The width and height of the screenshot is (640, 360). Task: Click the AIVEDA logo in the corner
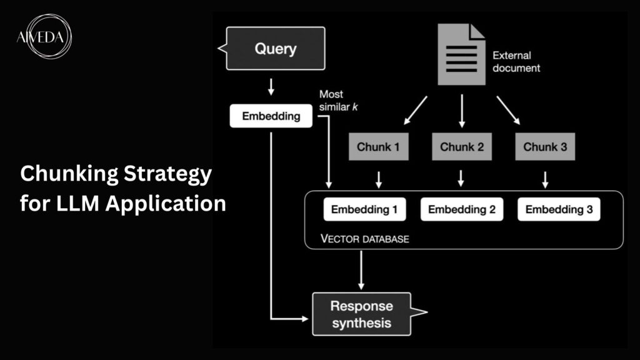click(x=43, y=37)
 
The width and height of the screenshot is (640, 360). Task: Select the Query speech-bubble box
click(x=276, y=48)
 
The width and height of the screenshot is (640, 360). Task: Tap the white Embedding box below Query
click(x=271, y=116)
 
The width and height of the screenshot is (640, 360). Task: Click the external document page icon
click(x=461, y=54)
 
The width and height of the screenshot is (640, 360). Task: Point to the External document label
click(x=516, y=61)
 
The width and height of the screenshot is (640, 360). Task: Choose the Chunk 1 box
click(x=378, y=147)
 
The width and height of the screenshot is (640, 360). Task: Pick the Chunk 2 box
click(x=461, y=147)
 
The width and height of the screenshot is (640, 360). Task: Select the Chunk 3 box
click(x=544, y=147)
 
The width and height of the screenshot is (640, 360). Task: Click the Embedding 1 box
click(x=364, y=210)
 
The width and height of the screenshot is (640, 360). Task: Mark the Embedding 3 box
click(x=559, y=210)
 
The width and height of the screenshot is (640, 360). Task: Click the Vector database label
click(x=364, y=239)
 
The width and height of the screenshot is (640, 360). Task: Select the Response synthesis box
click(x=362, y=314)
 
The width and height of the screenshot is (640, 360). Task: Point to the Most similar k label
click(x=338, y=100)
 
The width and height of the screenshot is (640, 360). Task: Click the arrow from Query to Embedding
click(x=271, y=87)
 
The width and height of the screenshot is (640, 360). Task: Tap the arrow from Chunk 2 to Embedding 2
click(x=461, y=178)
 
